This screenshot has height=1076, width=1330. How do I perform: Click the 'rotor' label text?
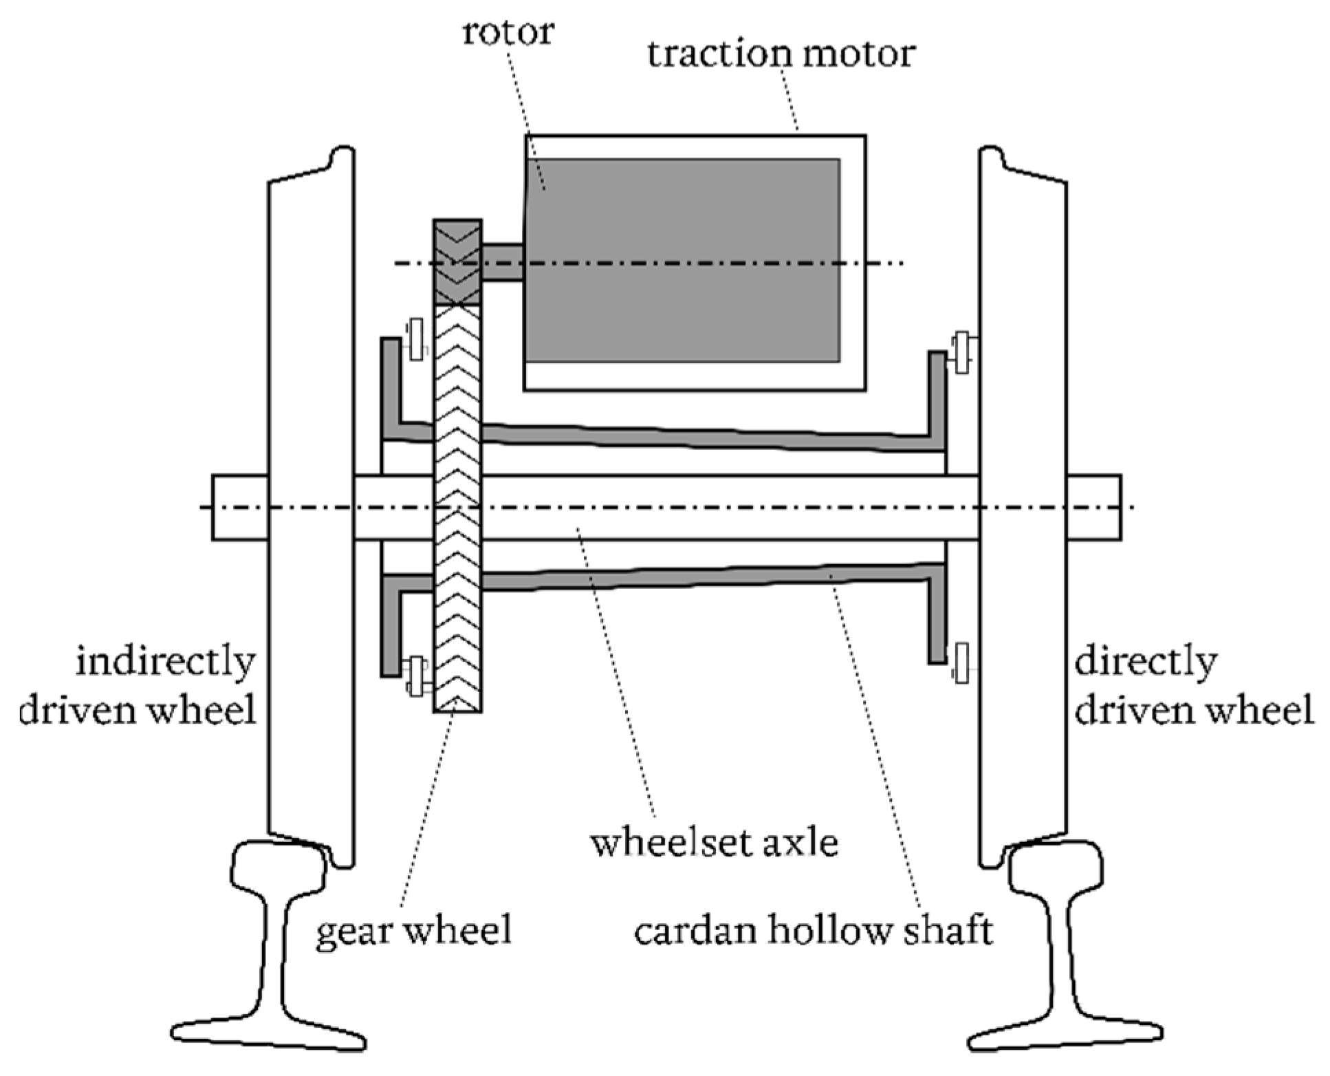[508, 32]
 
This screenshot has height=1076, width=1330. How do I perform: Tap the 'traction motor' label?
[781, 54]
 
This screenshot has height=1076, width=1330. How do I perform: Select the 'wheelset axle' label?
[715, 842]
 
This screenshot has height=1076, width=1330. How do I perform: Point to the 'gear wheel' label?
[414, 931]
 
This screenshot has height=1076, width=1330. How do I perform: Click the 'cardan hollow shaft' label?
[814, 931]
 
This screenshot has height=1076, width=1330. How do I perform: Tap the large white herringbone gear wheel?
[457, 509]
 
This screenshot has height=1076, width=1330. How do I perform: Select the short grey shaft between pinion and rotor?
[502, 262]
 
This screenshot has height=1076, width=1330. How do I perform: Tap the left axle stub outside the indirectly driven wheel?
[239, 508]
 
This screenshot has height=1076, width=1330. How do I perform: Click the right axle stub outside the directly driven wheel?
[1094, 508]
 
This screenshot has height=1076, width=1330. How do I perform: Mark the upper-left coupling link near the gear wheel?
[415, 338]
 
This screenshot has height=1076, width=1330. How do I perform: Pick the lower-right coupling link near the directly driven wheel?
[961, 663]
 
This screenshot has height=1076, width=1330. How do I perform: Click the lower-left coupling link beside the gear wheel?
[416, 676]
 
